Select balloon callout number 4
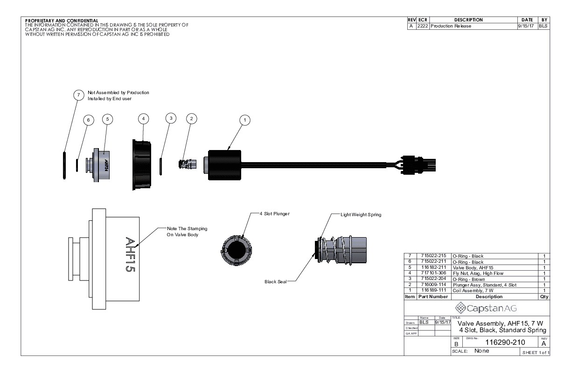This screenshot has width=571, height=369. (x=144, y=119)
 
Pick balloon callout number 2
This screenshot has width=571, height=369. (x=191, y=119)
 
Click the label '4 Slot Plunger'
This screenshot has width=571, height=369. (x=275, y=214)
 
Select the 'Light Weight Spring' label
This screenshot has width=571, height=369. (x=362, y=214)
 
